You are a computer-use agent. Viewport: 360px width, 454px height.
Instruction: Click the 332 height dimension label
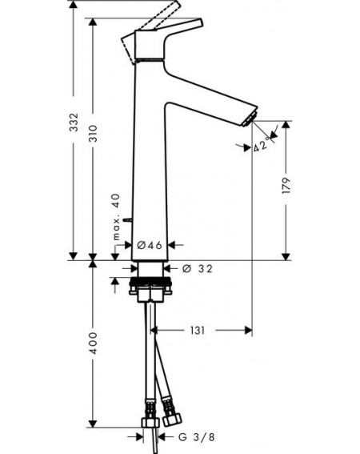coord(74,123)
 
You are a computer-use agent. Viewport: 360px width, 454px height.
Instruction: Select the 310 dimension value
coord(93,133)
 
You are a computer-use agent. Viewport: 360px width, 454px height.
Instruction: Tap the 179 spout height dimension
coord(286,185)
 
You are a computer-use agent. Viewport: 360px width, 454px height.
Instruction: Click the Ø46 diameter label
coord(150,245)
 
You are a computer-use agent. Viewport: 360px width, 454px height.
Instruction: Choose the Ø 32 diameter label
coord(198,269)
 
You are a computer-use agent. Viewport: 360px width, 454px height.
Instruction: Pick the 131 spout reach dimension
coord(197,330)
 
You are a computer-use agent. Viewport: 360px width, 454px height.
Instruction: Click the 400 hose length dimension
coord(93,344)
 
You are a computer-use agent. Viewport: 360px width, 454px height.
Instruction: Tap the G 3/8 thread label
coord(197,437)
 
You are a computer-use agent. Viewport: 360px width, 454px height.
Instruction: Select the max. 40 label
coord(116,217)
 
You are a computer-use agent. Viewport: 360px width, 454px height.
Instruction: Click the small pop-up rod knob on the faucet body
coord(127,219)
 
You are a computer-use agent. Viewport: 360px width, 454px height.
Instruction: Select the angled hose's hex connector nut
coord(172,420)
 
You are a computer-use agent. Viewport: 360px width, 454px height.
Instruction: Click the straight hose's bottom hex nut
coord(150,423)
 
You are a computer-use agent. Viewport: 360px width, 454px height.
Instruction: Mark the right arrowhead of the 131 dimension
coord(248,330)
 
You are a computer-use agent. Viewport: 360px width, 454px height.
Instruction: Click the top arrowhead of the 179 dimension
coord(286,125)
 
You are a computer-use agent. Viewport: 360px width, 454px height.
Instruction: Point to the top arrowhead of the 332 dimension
coord(74,4)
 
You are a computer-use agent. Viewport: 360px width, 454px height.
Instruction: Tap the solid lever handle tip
coord(200,22)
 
